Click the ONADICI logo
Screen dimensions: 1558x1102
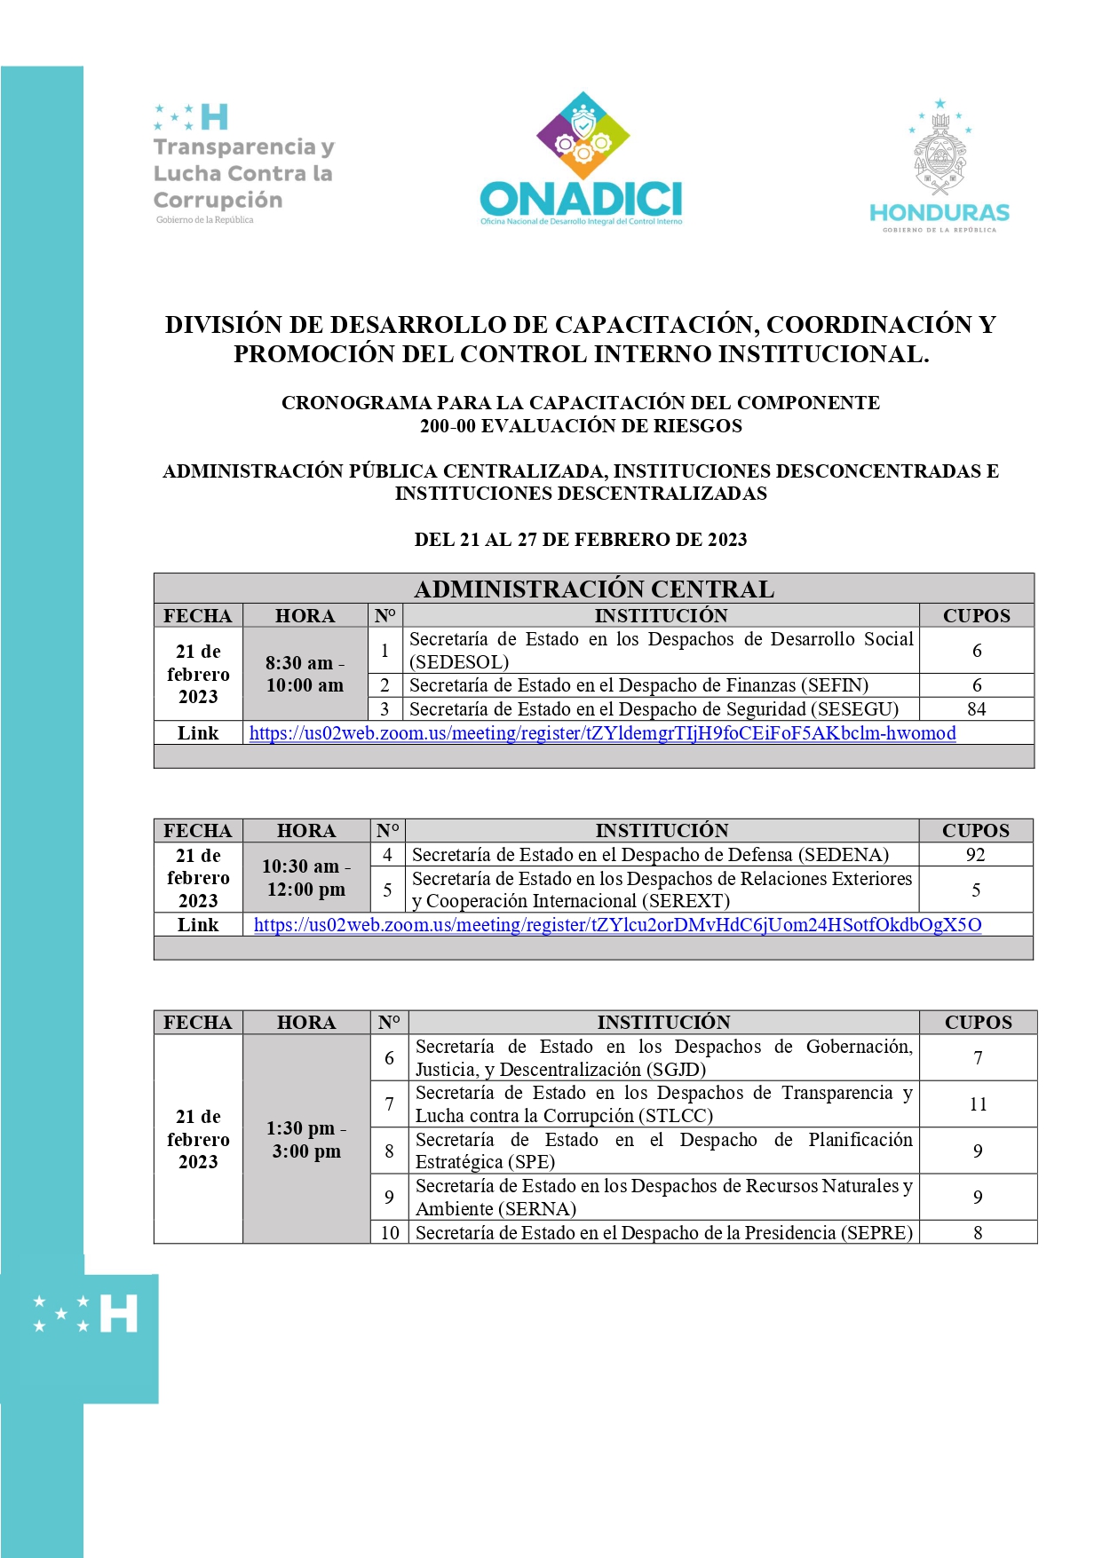pos(582,160)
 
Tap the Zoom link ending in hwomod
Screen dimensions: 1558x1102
pos(602,733)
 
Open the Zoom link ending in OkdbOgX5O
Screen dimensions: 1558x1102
pos(617,925)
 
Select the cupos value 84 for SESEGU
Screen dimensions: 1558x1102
pos(976,709)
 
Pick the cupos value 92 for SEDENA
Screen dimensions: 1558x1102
pos(975,855)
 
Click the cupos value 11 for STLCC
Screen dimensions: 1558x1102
pos(978,1104)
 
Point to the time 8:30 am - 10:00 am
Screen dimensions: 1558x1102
pos(305,674)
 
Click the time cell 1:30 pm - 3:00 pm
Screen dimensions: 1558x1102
pos(306,1139)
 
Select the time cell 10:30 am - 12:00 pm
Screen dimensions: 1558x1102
pos(306,877)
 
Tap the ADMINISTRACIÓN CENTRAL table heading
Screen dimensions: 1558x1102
pos(594,589)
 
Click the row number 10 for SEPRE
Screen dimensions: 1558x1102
pos(390,1232)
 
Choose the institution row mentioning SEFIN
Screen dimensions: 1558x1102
pos(638,685)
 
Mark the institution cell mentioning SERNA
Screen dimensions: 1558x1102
pos(663,1197)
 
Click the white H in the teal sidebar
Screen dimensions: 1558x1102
pos(119,1313)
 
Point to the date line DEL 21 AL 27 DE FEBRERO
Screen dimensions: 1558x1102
pos(581,540)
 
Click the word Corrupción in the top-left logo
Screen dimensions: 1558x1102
pos(218,200)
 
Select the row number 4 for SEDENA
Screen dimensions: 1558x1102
pos(387,855)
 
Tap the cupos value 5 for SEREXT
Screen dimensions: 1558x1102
pos(976,890)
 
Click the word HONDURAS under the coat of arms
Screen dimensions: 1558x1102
pos(939,213)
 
